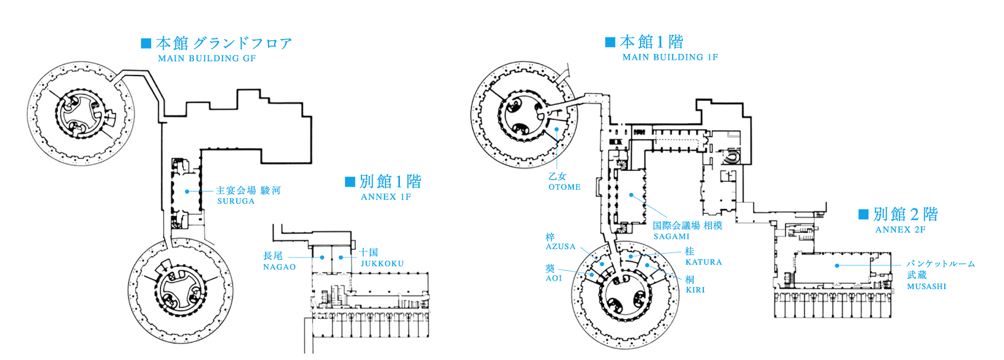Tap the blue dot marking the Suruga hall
click(x=187, y=191)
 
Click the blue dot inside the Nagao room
click(x=322, y=257)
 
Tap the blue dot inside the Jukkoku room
click(x=341, y=257)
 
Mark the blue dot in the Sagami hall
click(x=631, y=195)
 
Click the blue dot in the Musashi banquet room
click(x=837, y=265)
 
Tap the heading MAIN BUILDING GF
click(x=207, y=59)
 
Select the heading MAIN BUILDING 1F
click(x=670, y=57)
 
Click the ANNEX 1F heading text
click(x=386, y=197)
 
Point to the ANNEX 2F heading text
click(x=900, y=230)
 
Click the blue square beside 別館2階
click(x=863, y=214)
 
